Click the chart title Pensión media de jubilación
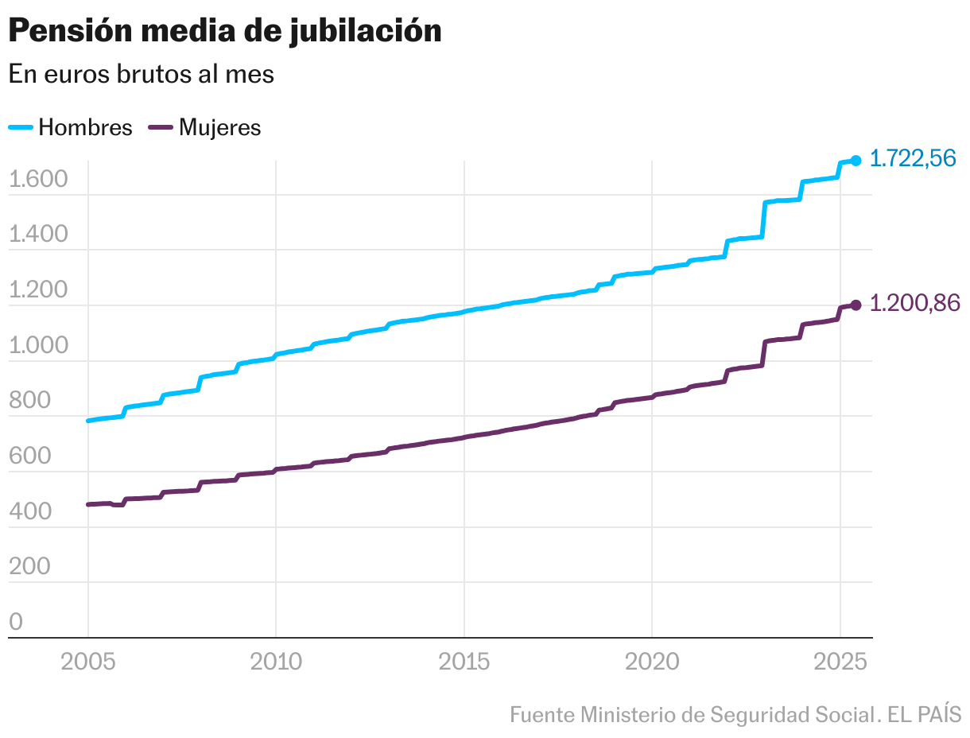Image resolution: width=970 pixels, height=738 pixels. coord(224,31)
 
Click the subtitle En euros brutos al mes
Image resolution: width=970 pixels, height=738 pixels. coord(141,74)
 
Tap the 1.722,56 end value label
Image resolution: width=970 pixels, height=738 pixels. coord(912,159)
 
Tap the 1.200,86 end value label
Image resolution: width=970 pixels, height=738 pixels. coord(914,303)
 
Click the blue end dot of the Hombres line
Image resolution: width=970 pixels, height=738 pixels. coord(856,161)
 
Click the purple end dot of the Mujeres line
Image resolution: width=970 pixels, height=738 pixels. coord(856,305)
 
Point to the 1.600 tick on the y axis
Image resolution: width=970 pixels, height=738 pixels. coord(37,180)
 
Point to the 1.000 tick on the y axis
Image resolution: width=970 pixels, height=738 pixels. coord(37,346)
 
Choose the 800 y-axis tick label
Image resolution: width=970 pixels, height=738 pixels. coord(29,401)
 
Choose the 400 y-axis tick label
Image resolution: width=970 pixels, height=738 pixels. coord(29,511)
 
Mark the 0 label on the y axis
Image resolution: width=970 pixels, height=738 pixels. coord(16,622)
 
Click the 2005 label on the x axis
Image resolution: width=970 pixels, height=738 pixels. coord(88,662)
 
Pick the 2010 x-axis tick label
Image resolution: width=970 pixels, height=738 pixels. coord(276,662)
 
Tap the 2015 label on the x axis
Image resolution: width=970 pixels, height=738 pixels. coord(464,662)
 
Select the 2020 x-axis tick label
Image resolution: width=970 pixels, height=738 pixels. coord(652,662)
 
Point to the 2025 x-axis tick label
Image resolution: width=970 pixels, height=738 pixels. coord(840,662)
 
